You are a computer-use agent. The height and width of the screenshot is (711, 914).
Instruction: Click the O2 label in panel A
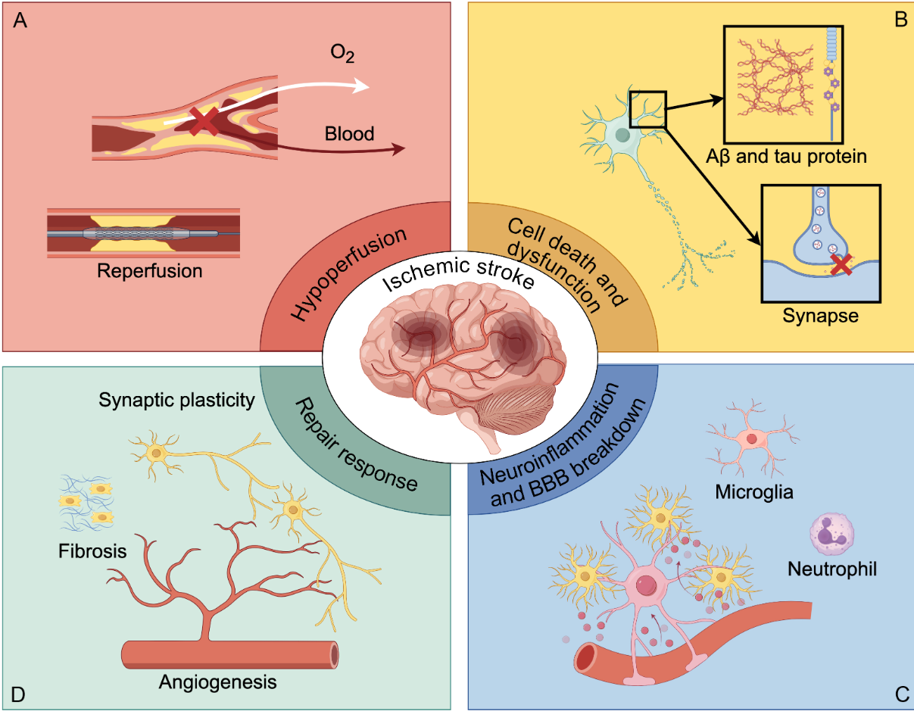click(343, 56)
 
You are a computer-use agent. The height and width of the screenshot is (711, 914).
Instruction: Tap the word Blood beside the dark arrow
click(349, 134)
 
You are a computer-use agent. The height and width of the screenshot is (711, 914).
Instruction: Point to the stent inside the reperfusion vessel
click(144, 234)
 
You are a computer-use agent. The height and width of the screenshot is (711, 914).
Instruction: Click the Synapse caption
click(821, 315)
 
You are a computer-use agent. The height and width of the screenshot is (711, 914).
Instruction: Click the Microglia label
click(753, 493)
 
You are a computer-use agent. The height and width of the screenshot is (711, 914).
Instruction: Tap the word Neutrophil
click(831, 568)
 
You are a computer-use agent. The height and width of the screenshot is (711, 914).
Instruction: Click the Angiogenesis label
click(217, 682)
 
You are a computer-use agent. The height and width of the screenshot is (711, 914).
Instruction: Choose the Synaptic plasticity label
click(176, 399)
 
